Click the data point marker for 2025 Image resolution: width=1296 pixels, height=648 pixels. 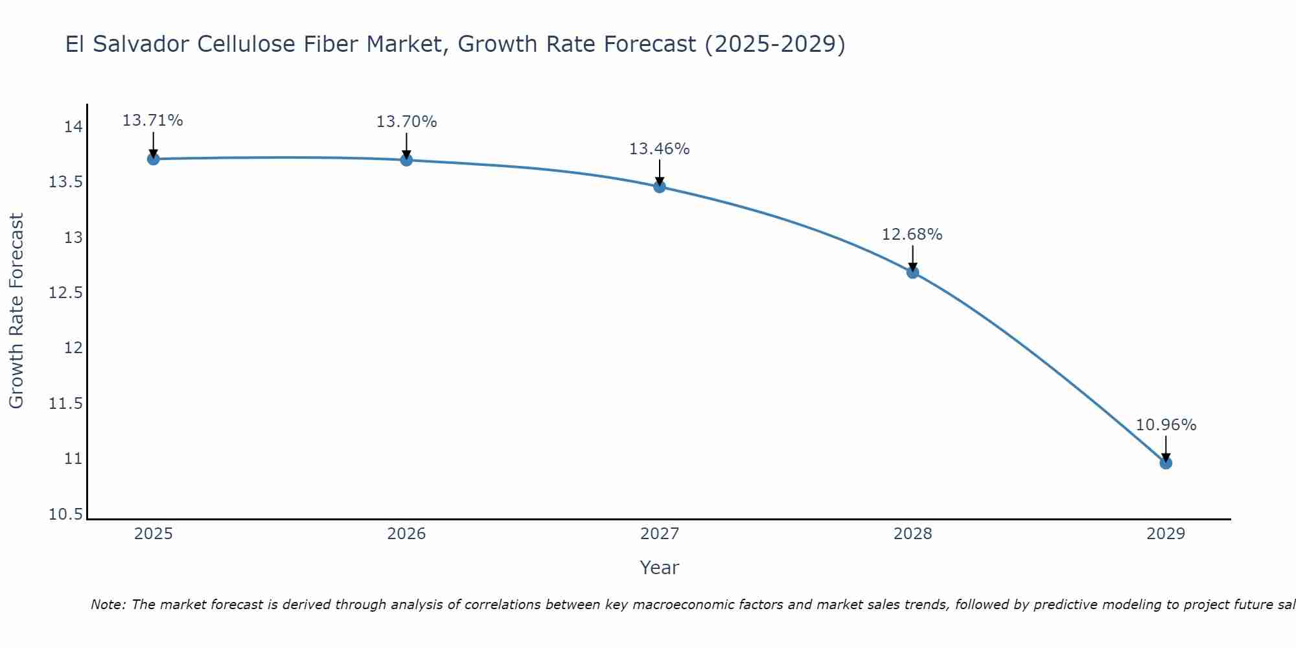tap(153, 159)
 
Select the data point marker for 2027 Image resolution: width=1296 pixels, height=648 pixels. tap(660, 187)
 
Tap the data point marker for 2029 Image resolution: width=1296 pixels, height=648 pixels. tap(1166, 463)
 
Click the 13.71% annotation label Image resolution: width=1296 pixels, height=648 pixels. tap(153, 121)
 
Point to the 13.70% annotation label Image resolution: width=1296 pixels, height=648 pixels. tap(406, 122)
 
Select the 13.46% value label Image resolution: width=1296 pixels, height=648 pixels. tap(660, 149)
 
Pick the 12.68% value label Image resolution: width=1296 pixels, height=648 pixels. tap(912, 235)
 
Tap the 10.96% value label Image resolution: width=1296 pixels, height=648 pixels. tap(1166, 425)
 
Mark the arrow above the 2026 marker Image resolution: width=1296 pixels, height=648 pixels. tap(406, 146)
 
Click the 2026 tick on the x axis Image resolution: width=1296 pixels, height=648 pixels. tap(406, 534)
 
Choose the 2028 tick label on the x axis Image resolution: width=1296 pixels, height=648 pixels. tap(912, 534)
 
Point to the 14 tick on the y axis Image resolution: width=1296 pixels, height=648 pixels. tap(73, 126)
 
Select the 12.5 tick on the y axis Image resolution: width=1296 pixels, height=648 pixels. tap(66, 293)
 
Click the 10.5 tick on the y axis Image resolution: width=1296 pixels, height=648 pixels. tap(66, 515)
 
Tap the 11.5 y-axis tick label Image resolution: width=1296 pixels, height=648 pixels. tap(66, 404)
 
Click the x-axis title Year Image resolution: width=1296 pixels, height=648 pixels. tap(660, 568)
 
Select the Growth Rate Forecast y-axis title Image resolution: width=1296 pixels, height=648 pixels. tap(16, 311)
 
